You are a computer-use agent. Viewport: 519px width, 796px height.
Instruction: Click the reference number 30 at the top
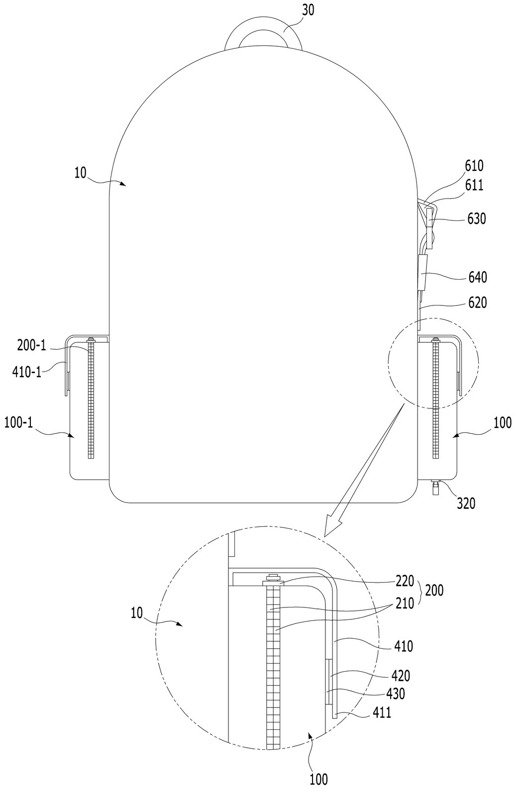(x=308, y=10)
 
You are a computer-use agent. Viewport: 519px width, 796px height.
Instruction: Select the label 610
(x=474, y=166)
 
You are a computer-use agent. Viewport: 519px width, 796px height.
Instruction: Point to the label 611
(x=474, y=185)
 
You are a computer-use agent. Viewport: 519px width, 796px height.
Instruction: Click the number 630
(x=476, y=218)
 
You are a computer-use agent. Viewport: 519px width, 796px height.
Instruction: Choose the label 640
(x=477, y=277)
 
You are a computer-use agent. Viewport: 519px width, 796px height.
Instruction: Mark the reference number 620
(x=477, y=303)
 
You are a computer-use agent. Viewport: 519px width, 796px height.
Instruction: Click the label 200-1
(x=32, y=345)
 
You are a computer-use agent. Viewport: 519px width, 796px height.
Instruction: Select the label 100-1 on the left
(x=18, y=423)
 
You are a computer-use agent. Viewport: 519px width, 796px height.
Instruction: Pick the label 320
(x=466, y=503)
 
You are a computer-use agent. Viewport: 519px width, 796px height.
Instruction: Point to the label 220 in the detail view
(x=405, y=581)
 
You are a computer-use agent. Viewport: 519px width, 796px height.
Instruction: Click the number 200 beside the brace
(x=434, y=591)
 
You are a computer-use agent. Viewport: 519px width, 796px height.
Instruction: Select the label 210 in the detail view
(x=405, y=603)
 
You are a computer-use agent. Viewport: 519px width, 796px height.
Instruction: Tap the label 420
(x=401, y=676)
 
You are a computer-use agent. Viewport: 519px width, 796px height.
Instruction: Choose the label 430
(x=395, y=694)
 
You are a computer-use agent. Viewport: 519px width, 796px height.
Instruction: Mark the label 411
(x=382, y=712)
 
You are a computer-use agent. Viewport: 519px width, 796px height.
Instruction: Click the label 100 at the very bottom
(x=318, y=787)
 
